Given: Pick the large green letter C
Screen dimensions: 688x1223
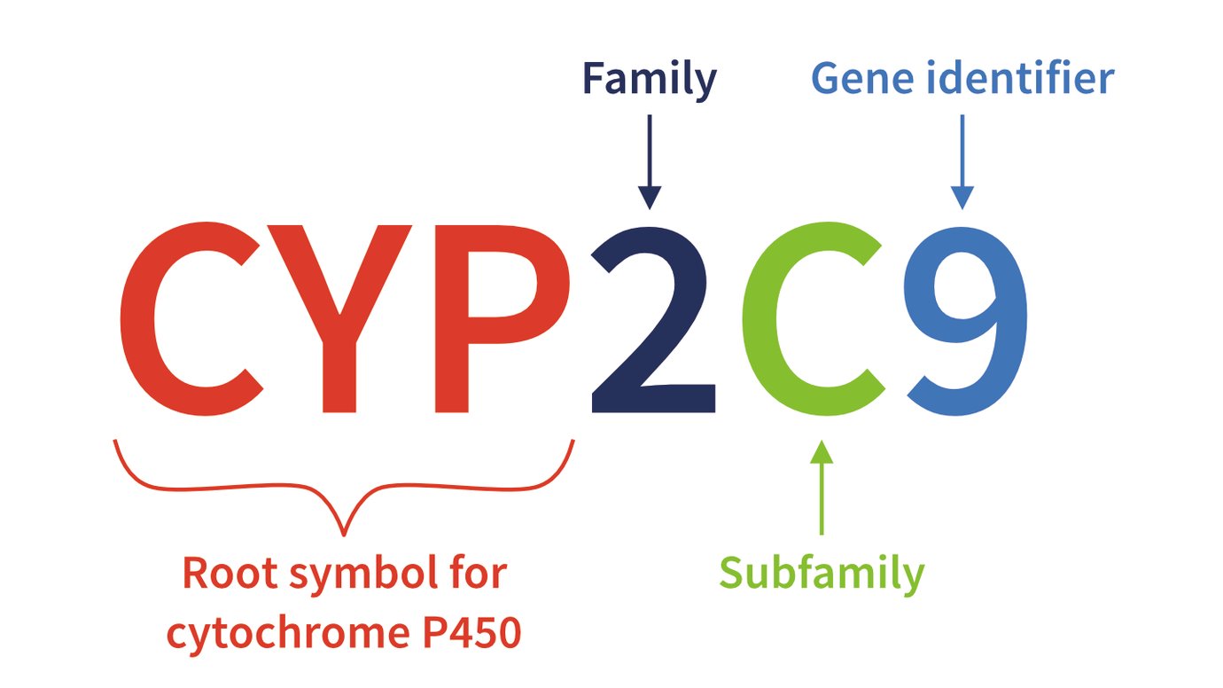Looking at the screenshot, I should pos(811,319).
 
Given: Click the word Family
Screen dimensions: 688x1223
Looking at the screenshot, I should pos(649,80).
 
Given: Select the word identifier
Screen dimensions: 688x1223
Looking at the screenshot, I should pos(1017,80).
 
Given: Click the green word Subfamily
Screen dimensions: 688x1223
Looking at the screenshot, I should pos(822,573).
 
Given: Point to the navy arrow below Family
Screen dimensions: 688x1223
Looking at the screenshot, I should pos(650,160).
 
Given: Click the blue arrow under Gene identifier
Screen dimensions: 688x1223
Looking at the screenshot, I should pos(962,160).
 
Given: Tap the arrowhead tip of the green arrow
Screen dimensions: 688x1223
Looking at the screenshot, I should pos(822,442).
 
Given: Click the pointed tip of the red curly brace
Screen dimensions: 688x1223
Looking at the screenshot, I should pos(344,534).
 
